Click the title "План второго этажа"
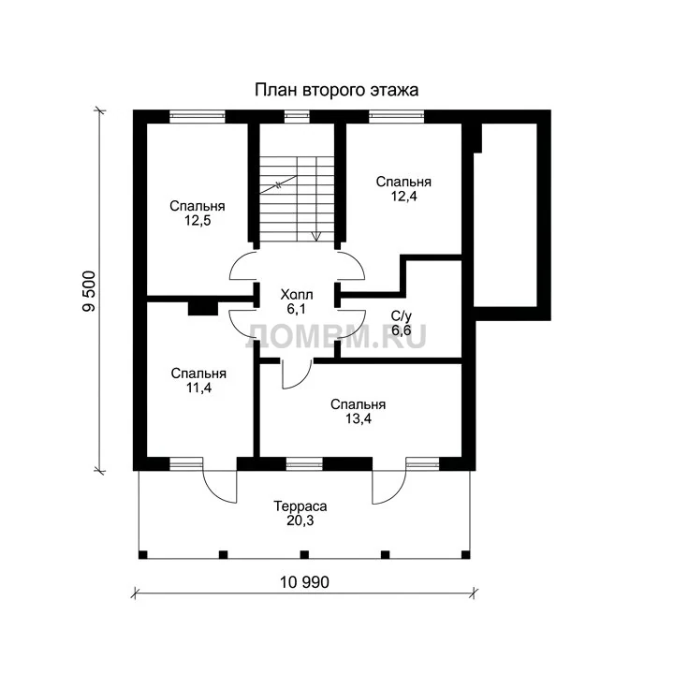[337, 91]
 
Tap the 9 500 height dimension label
[90, 291]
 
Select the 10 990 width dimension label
[304, 582]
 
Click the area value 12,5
[198, 221]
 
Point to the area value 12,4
[403, 196]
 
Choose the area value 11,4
[198, 388]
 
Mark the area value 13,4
[359, 418]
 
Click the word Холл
[297, 295]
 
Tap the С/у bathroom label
[402, 316]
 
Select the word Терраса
[300, 506]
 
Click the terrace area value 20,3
[300, 520]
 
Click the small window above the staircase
[297, 115]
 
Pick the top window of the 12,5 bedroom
[198, 115]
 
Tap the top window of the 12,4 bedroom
[396, 115]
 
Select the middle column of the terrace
[304, 554]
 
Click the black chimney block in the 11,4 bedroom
[203, 309]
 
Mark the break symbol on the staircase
[278, 185]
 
